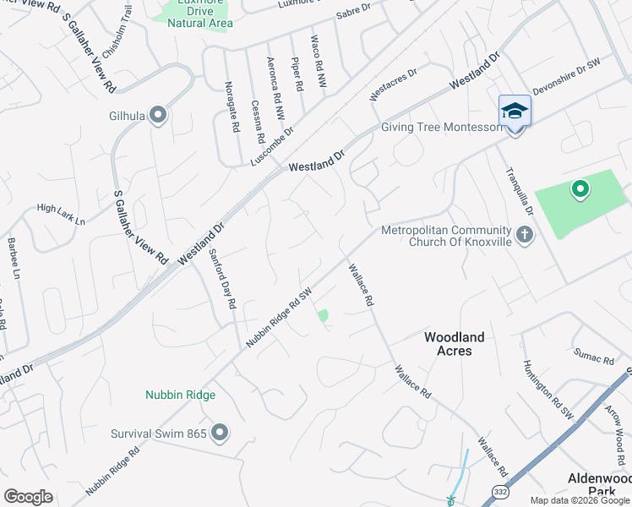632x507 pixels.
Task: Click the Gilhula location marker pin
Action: click(x=158, y=117)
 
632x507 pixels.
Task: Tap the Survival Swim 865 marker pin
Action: click(x=220, y=433)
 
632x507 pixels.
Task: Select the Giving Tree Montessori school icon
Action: click(x=515, y=113)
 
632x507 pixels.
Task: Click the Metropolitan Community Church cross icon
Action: click(x=524, y=234)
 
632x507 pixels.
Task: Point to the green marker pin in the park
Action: click(x=580, y=190)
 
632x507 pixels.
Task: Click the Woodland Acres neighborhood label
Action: click(x=454, y=344)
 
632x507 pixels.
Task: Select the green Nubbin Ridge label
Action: click(x=180, y=395)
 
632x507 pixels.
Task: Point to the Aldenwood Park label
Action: click(x=598, y=484)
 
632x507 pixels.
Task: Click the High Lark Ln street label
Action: click(x=61, y=215)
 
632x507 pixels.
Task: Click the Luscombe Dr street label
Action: click(x=272, y=146)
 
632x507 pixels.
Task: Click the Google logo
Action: click(x=29, y=497)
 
